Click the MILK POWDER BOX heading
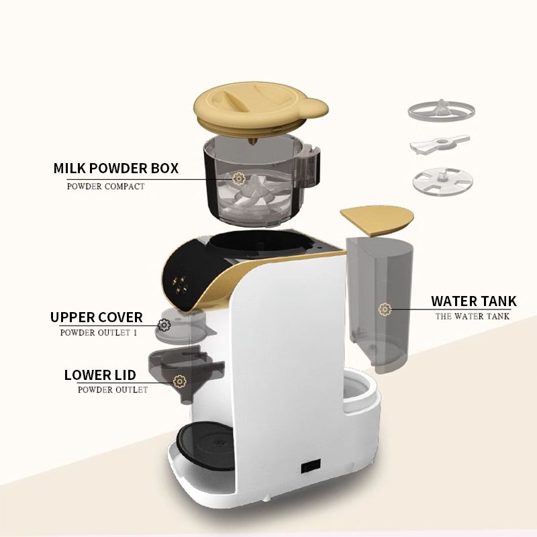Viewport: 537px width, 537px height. tap(115, 168)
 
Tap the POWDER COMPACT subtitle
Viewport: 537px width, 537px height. tap(106, 187)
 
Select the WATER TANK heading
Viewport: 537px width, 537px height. tap(474, 301)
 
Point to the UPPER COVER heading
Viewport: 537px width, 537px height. tap(96, 317)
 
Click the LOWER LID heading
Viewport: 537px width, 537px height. tap(100, 375)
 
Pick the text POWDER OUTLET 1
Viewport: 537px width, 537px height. tap(99, 333)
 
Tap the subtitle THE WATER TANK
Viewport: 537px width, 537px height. tap(473, 316)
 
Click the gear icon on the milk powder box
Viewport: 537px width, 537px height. tap(238, 179)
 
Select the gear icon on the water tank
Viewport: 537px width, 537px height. tap(385, 309)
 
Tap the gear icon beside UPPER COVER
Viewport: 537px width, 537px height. tap(164, 325)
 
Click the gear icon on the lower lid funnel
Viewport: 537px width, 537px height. tap(180, 381)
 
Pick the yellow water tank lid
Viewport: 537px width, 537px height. tap(377, 221)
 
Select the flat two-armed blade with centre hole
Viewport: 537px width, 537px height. tap(440, 144)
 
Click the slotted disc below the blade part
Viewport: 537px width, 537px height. tap(443, 181)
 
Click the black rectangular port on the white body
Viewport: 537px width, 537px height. tap(311, 466)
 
